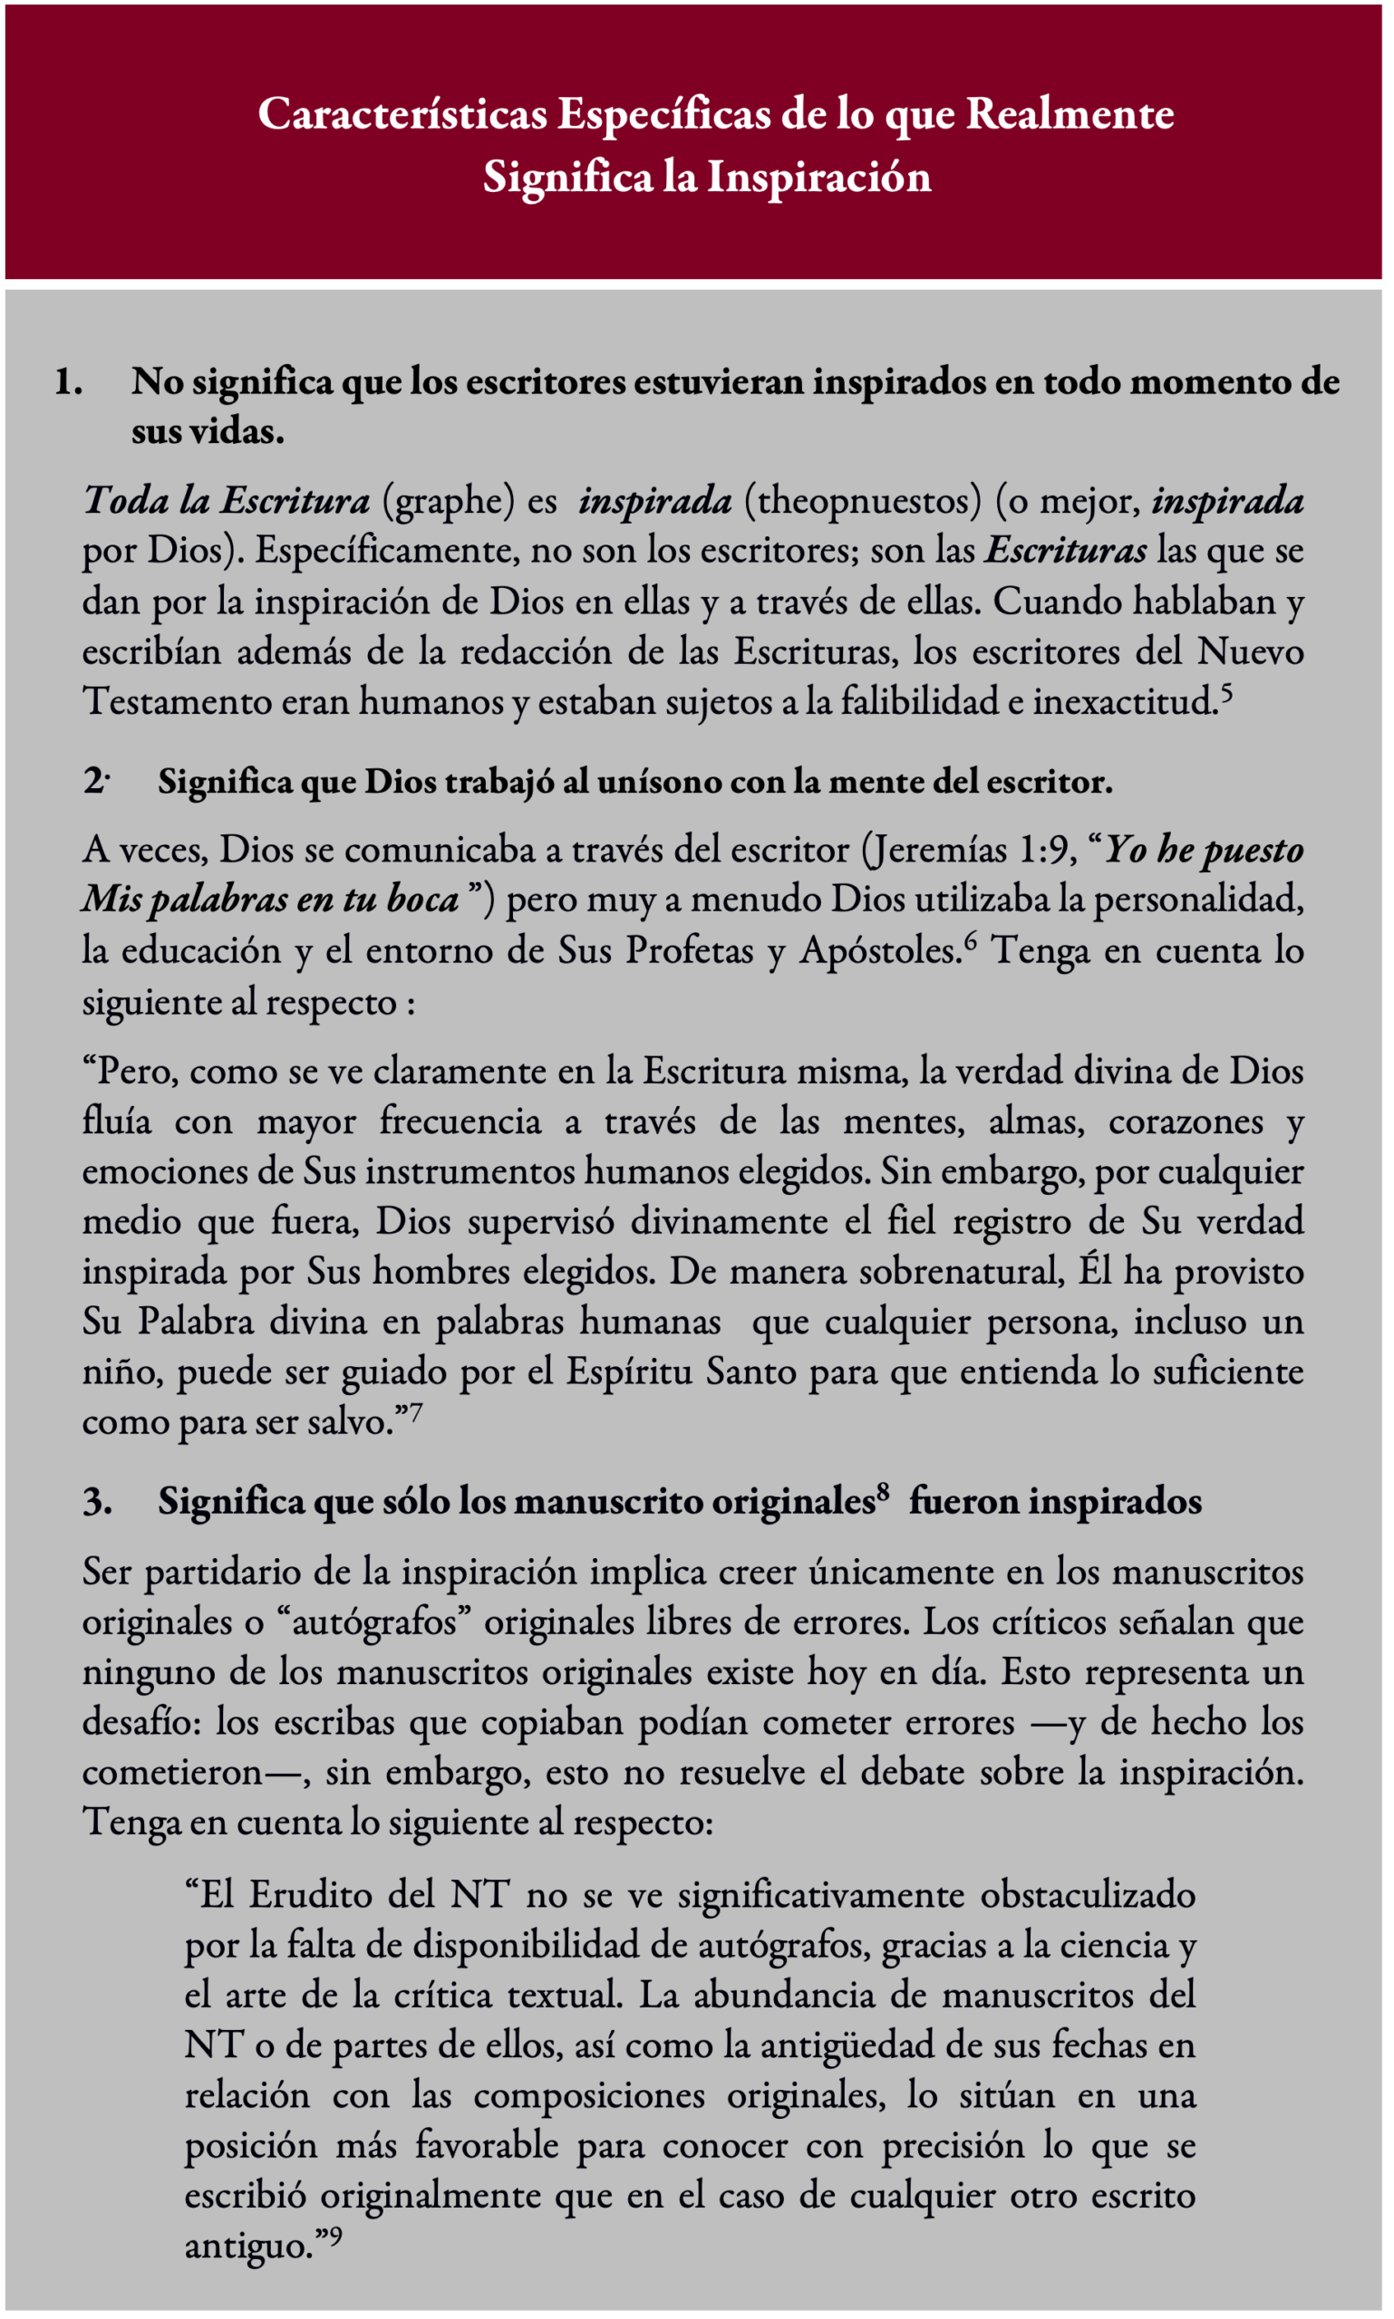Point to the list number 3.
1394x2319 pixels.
tap(97, 1500)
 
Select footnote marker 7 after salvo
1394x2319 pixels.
tap(415, 1413)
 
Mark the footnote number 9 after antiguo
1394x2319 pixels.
tap(335, 2237)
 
